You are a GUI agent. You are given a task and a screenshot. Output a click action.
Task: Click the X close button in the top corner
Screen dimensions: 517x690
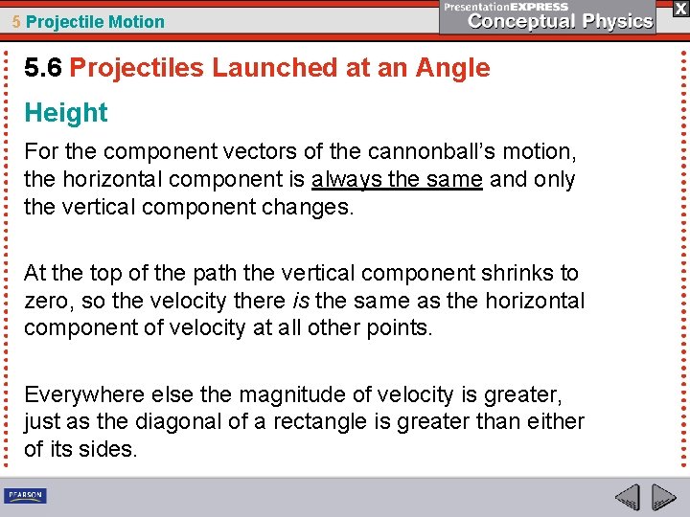[x=677, y=8]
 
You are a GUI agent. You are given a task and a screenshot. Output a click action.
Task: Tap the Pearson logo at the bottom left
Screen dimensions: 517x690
[x=26, y=496]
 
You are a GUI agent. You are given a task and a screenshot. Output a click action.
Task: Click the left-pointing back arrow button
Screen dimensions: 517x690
[x=628, y=497]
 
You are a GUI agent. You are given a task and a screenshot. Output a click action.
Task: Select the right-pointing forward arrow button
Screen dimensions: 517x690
[x=663, y=497]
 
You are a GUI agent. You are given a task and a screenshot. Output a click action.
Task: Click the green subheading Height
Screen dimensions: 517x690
[x=66, y=113]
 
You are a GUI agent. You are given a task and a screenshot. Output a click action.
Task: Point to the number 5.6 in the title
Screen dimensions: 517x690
[x=44, y=68]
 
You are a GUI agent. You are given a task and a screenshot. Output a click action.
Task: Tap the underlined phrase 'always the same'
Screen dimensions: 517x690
[x=397, y=179]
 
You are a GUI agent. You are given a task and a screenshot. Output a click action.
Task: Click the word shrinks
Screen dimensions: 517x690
[x=517, y=273]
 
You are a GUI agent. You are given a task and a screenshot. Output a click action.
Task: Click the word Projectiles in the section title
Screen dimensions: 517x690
[x=137, y=68]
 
